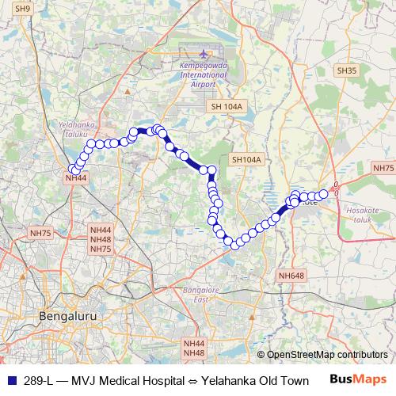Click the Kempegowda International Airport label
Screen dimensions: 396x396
click(x=181, y=74)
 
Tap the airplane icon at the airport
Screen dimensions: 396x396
click(x=184, y=53)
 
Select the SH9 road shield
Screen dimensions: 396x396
click(x=24, y=9)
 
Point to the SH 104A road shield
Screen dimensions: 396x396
click(x=227, y=106)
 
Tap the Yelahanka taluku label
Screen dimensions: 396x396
click(x=77, y=129)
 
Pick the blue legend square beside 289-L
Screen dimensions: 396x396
click(x=10, y=380)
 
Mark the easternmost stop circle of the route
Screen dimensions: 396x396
click(x=323, y=194)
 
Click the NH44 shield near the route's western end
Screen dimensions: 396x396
click(x=76, y=178)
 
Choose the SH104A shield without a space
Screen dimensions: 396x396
click(x=246, y=159)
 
